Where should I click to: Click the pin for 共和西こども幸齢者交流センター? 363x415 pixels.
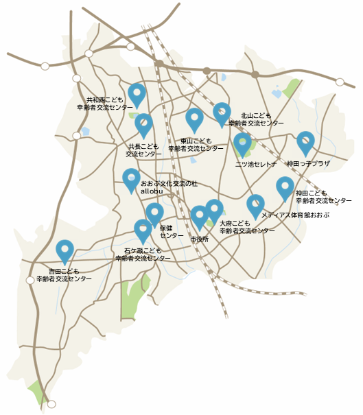pos(137,94)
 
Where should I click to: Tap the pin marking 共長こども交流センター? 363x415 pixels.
pos(143,124)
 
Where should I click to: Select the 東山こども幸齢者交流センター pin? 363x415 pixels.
pos(195,119)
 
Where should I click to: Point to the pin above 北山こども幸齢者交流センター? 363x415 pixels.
pos(222,113)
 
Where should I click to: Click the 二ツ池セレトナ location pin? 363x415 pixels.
pos(242,143)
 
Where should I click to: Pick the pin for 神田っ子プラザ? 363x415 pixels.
pos(305,142)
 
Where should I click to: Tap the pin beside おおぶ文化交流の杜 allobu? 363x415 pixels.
pos(132,179)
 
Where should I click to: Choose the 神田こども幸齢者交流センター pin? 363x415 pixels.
pos(285,187)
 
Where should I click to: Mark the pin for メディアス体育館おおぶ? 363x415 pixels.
pos(255,205)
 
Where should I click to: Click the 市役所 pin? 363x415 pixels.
pos(199,216)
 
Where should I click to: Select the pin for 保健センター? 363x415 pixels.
pos(154,213)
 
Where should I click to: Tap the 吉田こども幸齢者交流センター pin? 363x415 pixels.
pos(65,250)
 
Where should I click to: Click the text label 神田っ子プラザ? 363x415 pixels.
pos(308,165)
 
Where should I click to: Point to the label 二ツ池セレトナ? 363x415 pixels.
pos(255,165)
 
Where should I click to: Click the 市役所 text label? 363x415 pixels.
pos(200,239)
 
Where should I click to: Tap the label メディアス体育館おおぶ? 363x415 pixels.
pos(296,215)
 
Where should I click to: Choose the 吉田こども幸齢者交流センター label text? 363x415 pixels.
pos(64,276)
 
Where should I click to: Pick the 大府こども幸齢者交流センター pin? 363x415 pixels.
pos(214,210)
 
